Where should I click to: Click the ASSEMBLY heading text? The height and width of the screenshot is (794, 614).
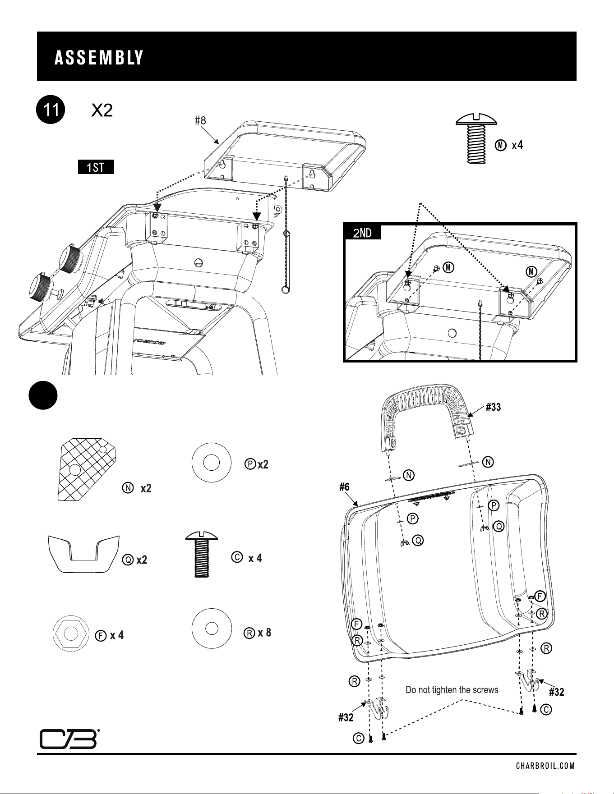pyautogui.click(x=99, y=58)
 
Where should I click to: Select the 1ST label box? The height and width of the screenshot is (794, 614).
pyautogui.click(x=96, y=167)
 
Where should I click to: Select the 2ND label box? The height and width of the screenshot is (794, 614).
pyautogui.click(x=362, y=232)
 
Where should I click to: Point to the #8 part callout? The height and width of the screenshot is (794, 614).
pyautogui.click(x=200, y=120)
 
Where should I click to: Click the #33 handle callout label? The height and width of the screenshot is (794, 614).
pyautogui.click(x=493, y=408)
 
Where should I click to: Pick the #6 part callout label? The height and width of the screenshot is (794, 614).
pyautogui.click(x=345, y=487)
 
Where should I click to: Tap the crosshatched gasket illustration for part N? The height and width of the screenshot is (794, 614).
pyautogui.click(x=87, y=469)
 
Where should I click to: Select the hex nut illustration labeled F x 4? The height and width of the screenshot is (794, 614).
pyautogui.click(x=71, y=633)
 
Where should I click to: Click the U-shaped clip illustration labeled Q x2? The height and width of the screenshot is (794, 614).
pyautogui.click(x=83, y=553)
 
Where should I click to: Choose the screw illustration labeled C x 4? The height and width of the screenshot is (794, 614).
pyautogui.click(x=202, y=555)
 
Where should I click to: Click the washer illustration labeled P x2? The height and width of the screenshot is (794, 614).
pyautogui.click(x=212, y=463)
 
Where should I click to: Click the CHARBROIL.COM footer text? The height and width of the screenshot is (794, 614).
pyautogui.click(x=545, y=765)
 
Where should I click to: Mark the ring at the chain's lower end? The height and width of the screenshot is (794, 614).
pyautogui.click(x=285, y=290)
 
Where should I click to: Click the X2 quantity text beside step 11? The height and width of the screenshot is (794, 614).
pyautogui.click(x=102, y=110)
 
